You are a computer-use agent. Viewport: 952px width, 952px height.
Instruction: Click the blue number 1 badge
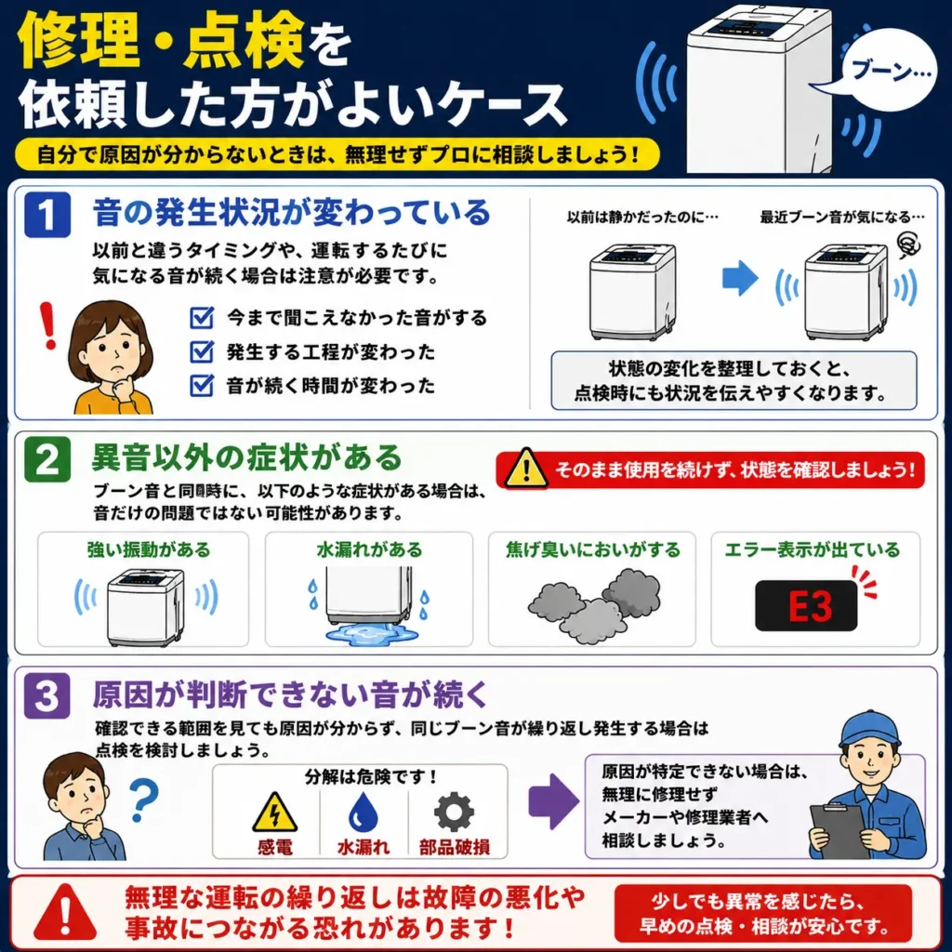pyautogui.click(x=47, y=215)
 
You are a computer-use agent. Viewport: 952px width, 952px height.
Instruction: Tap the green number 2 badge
pyautogui.click(x=47, y=459)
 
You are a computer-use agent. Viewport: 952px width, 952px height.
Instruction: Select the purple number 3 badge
pyautogui.click(x=47, y=695)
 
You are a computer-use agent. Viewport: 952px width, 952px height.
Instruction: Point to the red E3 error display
pyautogui.click(x=806, y=606)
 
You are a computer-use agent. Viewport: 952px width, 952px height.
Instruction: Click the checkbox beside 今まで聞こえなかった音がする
pyautogui.click(x=202, y=318)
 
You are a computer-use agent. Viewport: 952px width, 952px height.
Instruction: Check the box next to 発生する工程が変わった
pyautogui.click(x=202, y=351)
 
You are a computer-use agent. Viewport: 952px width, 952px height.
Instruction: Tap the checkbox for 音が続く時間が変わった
pyautogui.click(x=202, y=386)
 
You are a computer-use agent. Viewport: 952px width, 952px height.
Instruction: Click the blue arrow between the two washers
pyautogui.click(x=740, y=278)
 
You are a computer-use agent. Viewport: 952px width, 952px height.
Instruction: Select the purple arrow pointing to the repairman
pyautogui.click(x=553, y=801)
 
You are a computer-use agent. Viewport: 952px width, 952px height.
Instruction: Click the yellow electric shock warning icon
pyautogui.click(x=275, y=812)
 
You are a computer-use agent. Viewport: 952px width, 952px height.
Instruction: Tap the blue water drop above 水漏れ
pyautogui.click(x=364, y=812)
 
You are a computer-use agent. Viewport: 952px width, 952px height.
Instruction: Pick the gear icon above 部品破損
pyautogui.click(x=454, y=812)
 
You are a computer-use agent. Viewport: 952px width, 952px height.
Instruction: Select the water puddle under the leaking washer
pyautogui.click(x=372, y=634)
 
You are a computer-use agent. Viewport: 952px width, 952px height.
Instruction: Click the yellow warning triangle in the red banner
pyautogui.click(x=526, y=469)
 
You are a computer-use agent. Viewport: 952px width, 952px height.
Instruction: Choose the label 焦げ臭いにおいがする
pyautogui.click(x=593, y=549)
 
